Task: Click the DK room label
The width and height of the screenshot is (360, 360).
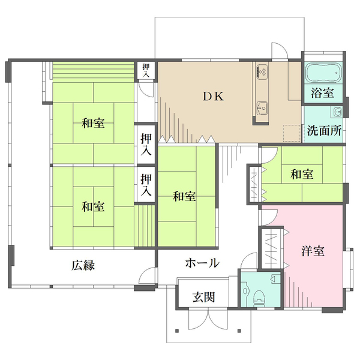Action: click(213, 97)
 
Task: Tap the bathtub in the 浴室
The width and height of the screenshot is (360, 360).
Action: click(324, 72)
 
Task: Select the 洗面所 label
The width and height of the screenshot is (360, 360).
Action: click(325, 131)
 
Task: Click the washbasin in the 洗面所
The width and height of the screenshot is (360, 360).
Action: click(337, 112)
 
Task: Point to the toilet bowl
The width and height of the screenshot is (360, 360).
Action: click(259, 298)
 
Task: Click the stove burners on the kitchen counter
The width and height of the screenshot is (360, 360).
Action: click(262, 72)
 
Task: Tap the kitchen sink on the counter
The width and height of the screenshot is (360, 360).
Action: click(262, 108)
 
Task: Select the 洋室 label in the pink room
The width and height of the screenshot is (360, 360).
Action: click(313, 251)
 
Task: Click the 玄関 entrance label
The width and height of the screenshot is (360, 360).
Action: click(204, 297)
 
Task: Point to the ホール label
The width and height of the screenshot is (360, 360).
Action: click(202, 263)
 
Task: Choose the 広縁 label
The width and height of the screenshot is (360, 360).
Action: click(83, 265)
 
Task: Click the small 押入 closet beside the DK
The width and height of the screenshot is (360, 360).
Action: click(146, 70)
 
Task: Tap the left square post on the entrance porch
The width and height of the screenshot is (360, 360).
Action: click(176, 331)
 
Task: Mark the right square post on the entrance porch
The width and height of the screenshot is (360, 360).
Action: click(239, 331)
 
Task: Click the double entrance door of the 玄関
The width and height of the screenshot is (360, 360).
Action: click(208, 320)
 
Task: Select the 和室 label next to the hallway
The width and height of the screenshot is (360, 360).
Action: click(184, 197)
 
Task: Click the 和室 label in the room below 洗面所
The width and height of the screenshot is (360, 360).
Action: click(302, 174)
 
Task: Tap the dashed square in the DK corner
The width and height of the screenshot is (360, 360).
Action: click(292, 133)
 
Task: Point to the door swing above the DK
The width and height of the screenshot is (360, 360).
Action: click(279, 51)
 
